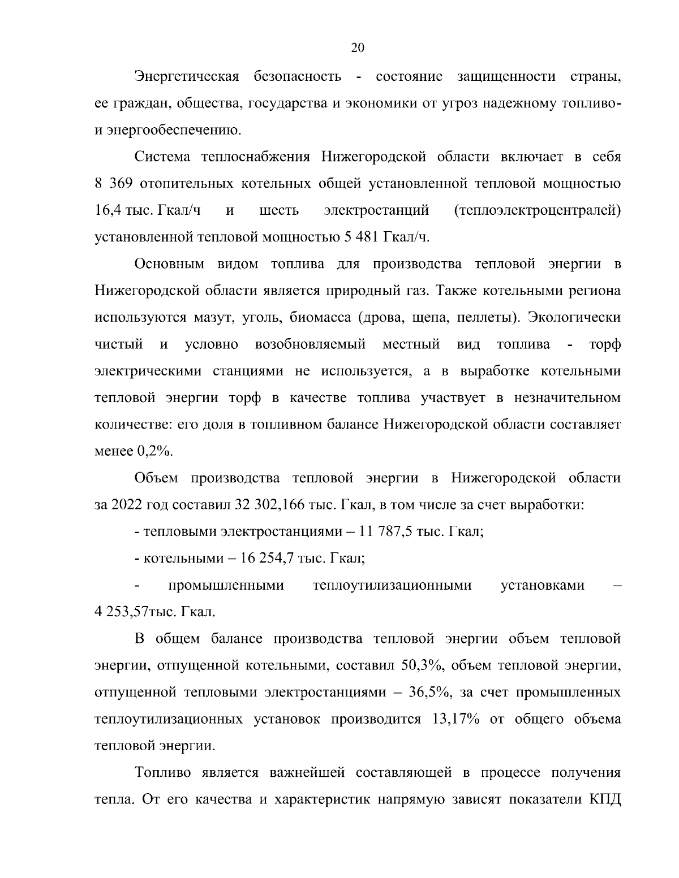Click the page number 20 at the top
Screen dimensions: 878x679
click(x=358, y=48)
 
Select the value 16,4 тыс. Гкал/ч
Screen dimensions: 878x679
click(x=148, y=211)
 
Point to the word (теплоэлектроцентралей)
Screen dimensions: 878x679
click(x=538, y=211)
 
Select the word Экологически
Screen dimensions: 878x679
click(x=574, y=318)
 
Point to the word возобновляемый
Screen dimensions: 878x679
click(x=310, y=344)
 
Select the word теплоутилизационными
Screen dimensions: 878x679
click(x=392, y=585)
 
